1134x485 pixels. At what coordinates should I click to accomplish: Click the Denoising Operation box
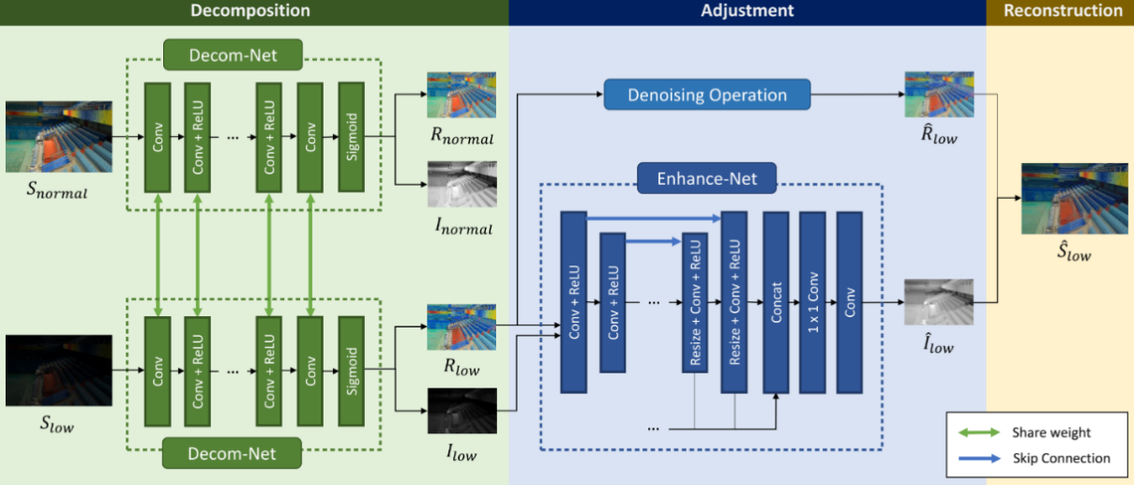707,95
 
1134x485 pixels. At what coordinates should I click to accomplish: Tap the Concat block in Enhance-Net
776,302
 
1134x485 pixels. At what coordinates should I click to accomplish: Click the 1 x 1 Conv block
812,302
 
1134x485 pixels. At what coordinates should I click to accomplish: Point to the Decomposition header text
250,11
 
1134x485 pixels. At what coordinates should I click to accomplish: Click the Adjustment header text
747,11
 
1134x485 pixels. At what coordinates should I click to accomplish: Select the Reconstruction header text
1062,11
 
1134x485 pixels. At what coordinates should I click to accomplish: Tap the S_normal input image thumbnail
58,137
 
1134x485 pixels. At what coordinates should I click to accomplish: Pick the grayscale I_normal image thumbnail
461,185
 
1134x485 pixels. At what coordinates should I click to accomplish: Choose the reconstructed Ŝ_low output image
1061,198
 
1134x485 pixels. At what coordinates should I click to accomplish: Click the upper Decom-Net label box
234,54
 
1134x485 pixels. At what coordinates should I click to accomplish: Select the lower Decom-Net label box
234,454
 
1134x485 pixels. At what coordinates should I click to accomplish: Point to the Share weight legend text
1051,432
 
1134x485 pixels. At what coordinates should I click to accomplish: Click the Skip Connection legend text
1061,459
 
